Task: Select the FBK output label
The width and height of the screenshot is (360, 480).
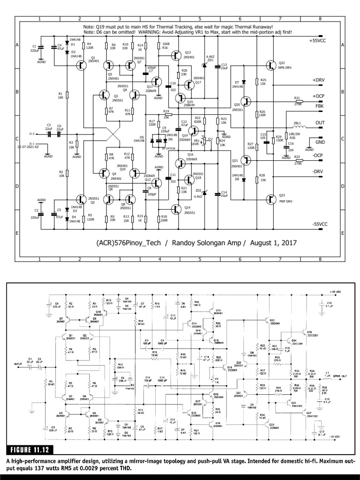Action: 320,107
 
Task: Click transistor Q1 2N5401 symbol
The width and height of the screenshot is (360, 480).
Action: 82,66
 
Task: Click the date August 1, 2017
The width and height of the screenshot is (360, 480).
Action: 273,243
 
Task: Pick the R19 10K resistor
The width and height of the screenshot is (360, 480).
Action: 168,114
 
